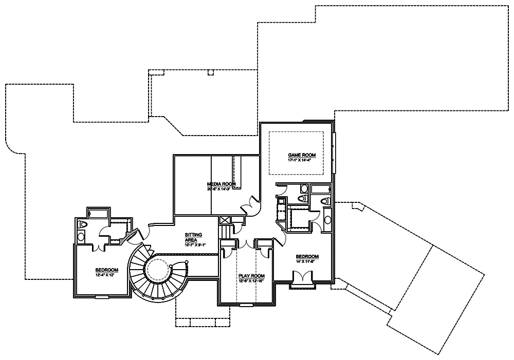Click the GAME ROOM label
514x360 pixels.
[x=302, y=155]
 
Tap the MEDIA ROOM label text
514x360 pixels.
[x=221, y=183]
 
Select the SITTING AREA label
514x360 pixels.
[x=193, y=237]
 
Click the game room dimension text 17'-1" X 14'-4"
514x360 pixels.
[x=302, y=160]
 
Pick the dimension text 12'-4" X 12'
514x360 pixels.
[x=107, y=275]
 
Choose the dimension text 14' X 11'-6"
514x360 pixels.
[x=307, y=262]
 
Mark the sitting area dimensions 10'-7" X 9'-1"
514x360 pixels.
[x=195, y=244]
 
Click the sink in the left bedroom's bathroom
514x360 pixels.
[x=81, y=236]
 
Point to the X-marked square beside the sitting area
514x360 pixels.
[x=225, y=220]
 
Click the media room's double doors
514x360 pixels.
[x=251, y=204]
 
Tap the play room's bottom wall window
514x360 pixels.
[x=247, y=305]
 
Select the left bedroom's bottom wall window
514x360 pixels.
[x=102, y=296]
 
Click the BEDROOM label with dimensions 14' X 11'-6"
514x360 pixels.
[x=307, y=257]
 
